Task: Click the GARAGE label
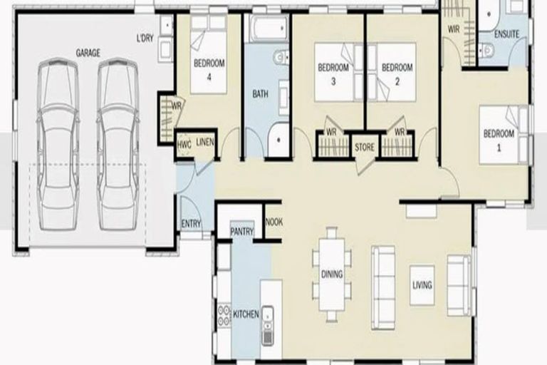(x=88, y=53)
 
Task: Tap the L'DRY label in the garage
(x=146, y=38)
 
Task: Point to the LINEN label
(x=205, y=142)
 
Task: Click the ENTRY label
(x=191, y=223)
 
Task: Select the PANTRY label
(x=242, y=231)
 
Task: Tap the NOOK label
(x=273, y=222)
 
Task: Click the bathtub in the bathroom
(x=266, y=29)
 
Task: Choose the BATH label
(x=259, y=93)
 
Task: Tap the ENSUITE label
(x=507, y=34)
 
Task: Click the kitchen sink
(x=269, y=324)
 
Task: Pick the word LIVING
(x=422, y=286)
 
